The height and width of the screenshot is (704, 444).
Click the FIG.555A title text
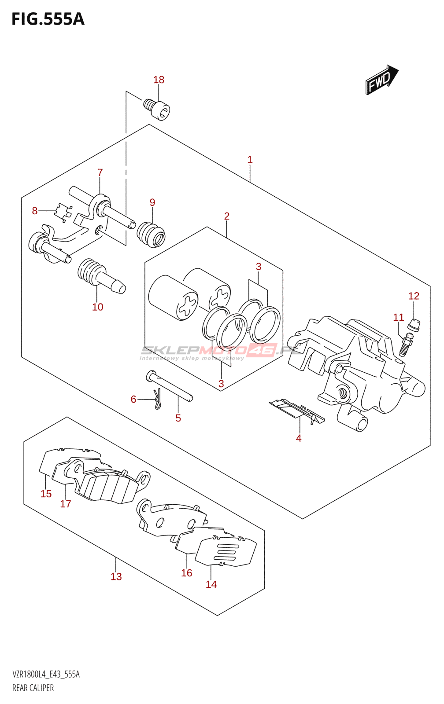point(48,19)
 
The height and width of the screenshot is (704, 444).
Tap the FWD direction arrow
point(381,80)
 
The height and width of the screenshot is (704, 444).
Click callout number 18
point(159,80)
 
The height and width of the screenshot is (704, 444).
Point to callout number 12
point(414,296)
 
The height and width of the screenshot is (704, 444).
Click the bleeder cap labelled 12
point(414,325)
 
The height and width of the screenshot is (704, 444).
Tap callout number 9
point(152,202)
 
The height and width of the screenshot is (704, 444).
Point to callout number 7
point(100,172)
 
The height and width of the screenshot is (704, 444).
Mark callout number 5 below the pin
point(178,418)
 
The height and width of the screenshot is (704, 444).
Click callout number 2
point(227,216)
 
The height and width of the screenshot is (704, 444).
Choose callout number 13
point(116,576)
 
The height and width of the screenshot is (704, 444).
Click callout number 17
point(66,504)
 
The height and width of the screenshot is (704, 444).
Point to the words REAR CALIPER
point(33,688)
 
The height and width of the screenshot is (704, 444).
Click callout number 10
point(97,307)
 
